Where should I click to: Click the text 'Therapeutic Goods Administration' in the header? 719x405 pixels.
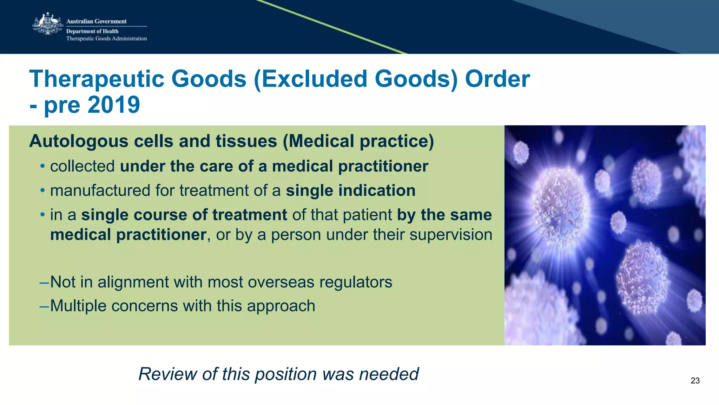tap(106, 39)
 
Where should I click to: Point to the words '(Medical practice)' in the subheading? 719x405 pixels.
tap(358, 141)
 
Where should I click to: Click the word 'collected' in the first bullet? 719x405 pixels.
tap(82, 166)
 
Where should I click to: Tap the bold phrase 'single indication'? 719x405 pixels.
tap(350, 190)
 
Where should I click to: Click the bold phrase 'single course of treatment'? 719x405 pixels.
tap(184, 215)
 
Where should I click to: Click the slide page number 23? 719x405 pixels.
tap(695, 381)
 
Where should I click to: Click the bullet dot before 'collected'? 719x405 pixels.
tap(42, 166)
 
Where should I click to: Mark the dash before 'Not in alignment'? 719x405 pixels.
tap(44, 282)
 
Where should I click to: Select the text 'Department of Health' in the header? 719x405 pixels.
tap(92, 31)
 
